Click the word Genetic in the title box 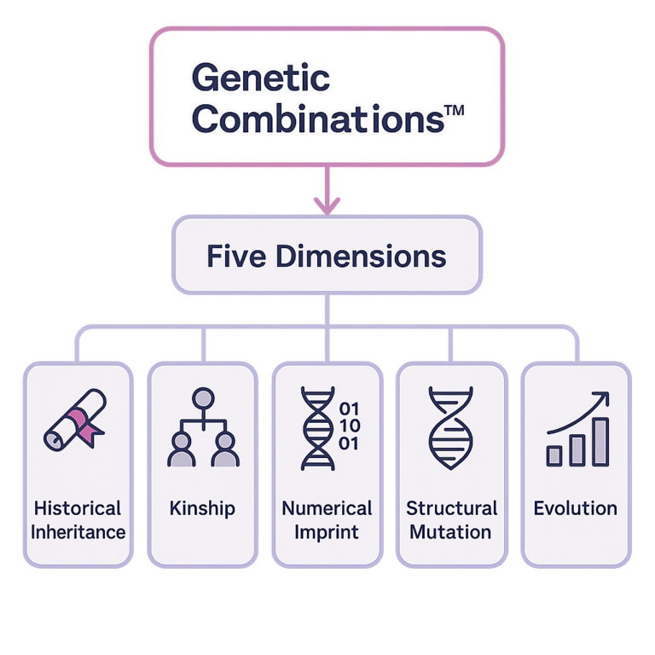click(261, 78)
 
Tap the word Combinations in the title click(318, 119)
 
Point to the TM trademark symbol click(455, 110)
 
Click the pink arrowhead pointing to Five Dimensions click(327, 205)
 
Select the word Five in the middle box click(236, 256)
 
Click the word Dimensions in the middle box click(362, 256)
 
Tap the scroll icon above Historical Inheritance click(75, 420)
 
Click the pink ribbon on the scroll click(84, 426)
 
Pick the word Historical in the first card click(78, 508)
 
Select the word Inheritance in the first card click(78, 532)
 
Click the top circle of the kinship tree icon click(204, 398)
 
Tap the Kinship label click(203, 509)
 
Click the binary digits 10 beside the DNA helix click(350, 426)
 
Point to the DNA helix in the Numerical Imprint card click(318, 429)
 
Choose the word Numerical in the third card click(327, 508)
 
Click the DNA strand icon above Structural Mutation click(450, 428)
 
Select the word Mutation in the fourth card click(450, 532)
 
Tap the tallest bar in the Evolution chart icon click(600, 442)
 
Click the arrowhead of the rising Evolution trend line click(602, 399)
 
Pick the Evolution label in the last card click(576, 508)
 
